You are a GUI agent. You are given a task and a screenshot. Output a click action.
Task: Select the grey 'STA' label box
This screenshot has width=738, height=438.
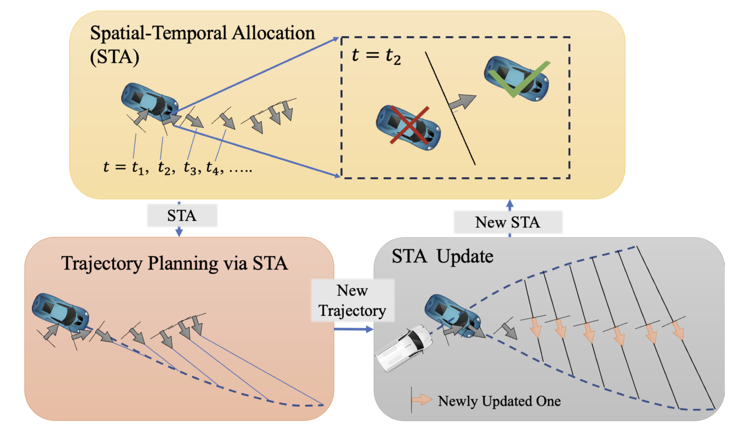(x=182, y=216)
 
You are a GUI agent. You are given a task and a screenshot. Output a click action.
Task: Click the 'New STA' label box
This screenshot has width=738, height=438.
(x=508, y=222)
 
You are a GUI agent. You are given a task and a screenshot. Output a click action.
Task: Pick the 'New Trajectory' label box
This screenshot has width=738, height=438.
(x=353, y=300)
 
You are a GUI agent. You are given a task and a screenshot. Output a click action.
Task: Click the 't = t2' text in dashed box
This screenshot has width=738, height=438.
(x=376, y=56)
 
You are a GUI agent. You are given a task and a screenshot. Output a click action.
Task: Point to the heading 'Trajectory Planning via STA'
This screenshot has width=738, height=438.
(x=174, y=263)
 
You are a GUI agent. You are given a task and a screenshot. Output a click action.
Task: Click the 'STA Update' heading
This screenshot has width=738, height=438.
(x=442, y=256)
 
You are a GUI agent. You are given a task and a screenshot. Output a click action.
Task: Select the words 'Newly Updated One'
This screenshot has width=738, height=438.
(x=499, y=401)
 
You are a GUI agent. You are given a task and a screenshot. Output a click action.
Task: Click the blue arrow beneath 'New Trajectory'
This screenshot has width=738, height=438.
(x=353, y=329)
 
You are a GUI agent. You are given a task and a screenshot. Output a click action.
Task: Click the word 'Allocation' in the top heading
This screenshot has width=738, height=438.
(x=273, y=34)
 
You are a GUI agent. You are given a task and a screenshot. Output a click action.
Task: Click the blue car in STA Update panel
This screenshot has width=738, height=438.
(x=453, y=314)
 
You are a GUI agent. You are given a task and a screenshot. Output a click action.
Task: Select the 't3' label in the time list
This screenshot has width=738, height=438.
(x=190, y=168)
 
